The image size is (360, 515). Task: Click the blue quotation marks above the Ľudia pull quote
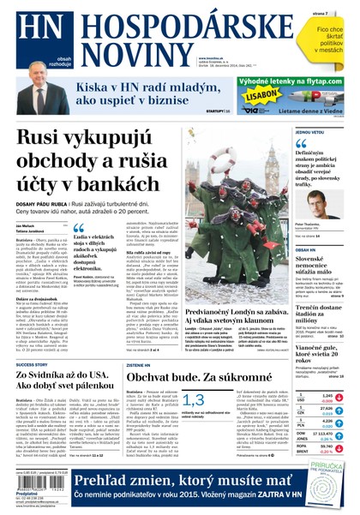[x=78, y=229]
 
